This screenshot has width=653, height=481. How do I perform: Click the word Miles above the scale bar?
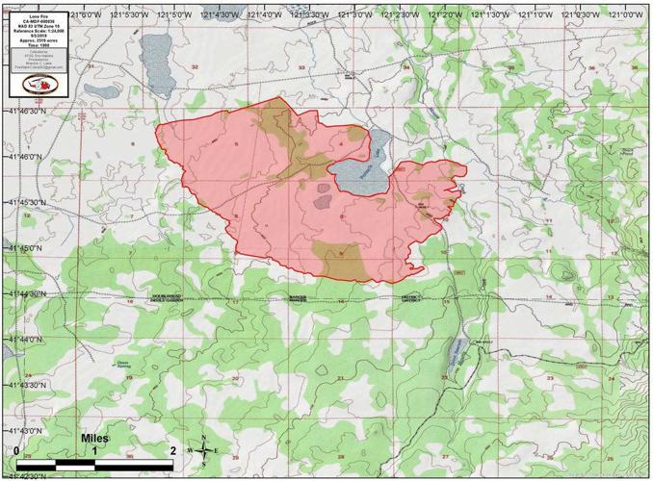point(94,439)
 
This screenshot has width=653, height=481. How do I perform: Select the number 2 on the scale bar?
point(171,450)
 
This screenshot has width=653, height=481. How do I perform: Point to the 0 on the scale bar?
point(17,450)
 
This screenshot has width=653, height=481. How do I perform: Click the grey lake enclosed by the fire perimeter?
point(358,174)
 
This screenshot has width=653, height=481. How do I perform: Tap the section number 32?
point(195,67)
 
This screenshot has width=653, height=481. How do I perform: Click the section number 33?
point(300,67)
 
